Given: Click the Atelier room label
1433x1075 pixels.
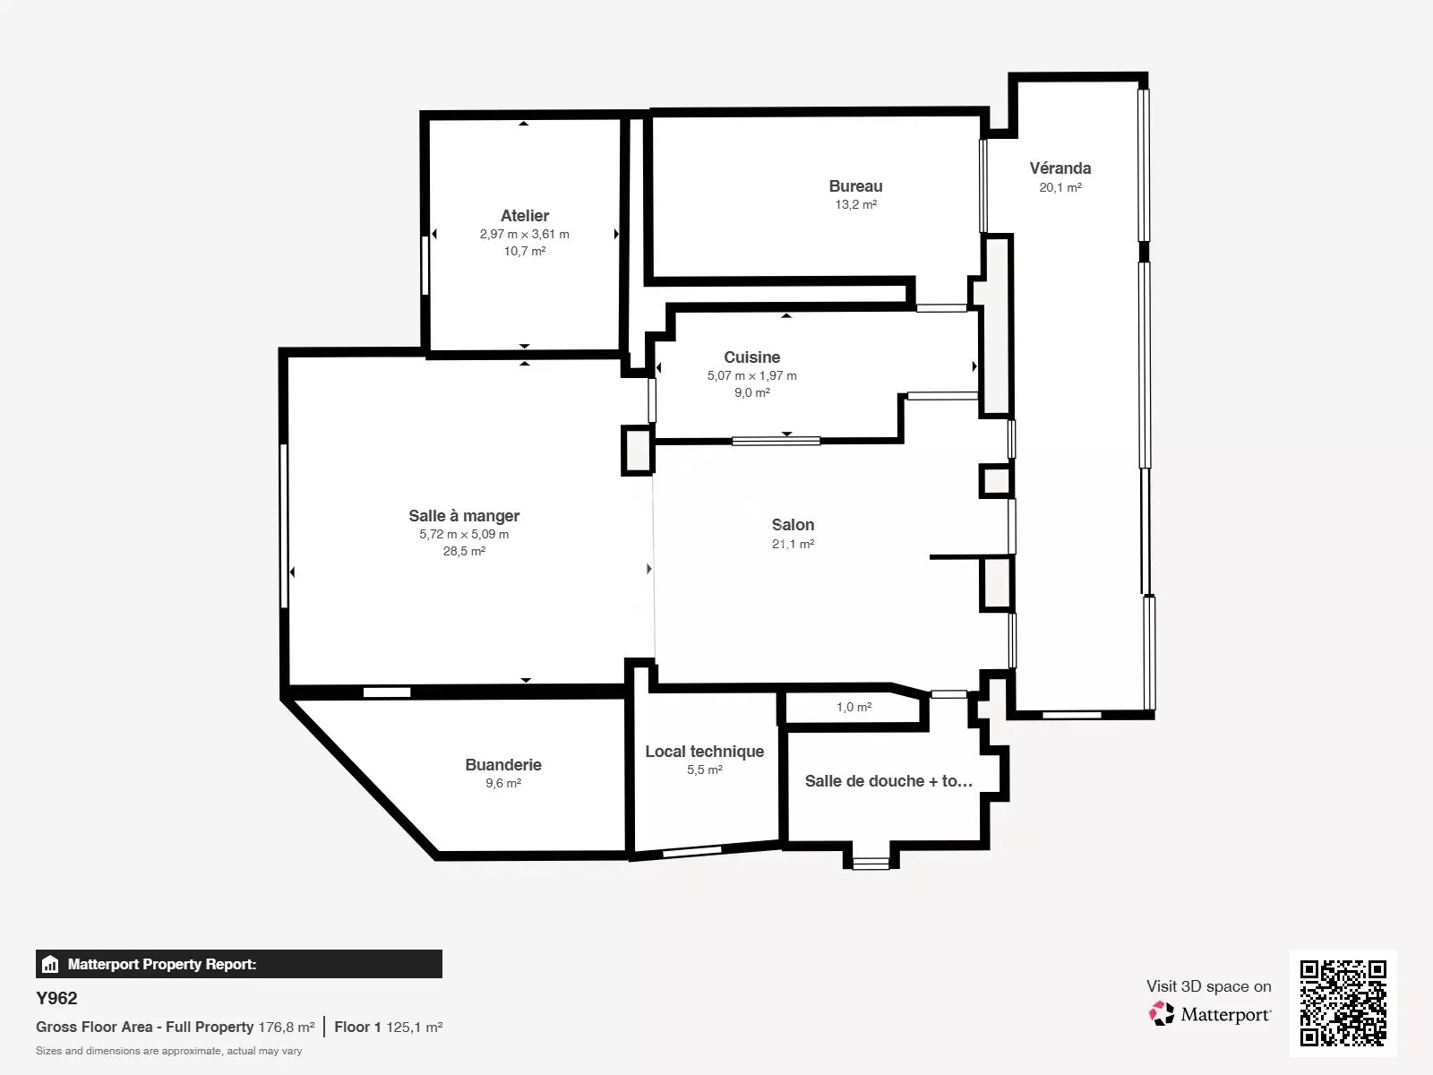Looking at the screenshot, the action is (524, 215).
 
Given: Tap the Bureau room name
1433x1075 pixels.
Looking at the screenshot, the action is (855, 186).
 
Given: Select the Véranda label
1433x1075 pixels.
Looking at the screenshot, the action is (1060, 168).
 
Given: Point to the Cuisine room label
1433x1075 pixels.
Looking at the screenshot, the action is (752, 357).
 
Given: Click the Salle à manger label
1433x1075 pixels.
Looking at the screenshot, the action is (464, 516).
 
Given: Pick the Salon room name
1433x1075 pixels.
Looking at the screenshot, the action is (793, 524).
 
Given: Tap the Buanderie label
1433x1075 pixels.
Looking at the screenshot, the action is (503, 764).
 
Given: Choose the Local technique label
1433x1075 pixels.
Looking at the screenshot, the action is (705, 752).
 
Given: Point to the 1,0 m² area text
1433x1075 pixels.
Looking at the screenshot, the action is (854, 707).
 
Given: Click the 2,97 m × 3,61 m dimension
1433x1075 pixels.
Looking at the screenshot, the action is (524, 234).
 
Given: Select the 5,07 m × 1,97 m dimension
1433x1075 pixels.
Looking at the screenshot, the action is (752, 375).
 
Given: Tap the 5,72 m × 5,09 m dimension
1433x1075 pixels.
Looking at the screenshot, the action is (464, 534).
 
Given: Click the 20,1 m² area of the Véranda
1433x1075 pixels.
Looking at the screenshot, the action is (1060, 187).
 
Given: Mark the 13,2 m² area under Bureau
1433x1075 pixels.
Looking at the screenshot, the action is (855, 204).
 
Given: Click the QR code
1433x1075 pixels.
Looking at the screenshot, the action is (1343, 1002).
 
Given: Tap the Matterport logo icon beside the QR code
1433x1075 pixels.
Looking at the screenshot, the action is (1162, 1014).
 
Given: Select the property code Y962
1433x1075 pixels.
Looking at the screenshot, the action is (56, 998).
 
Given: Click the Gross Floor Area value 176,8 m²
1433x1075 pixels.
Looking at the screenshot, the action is (287, 1027).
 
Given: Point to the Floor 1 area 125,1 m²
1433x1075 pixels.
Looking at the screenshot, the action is (415, 1027).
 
